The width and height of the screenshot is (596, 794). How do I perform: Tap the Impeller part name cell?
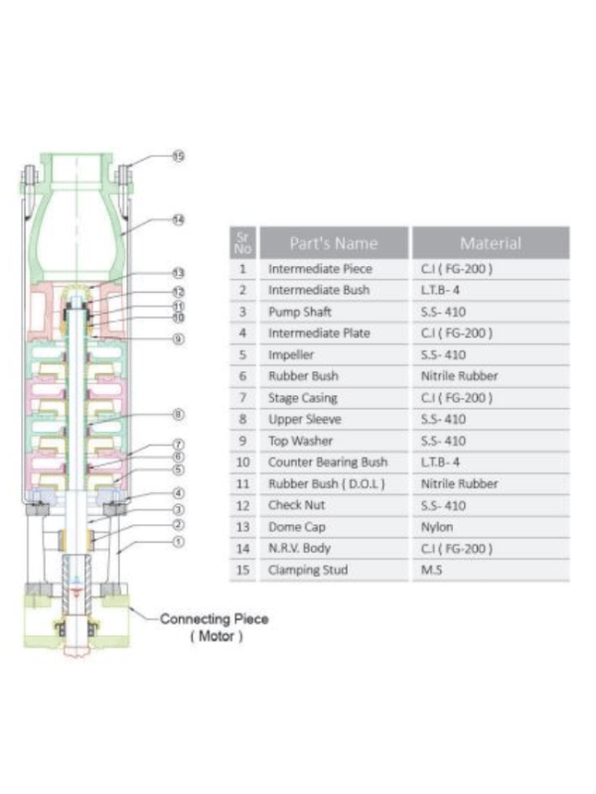click(290, 355)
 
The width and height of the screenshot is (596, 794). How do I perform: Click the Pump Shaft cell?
click(299, 312)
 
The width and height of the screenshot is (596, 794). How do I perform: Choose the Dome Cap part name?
click(296, 527)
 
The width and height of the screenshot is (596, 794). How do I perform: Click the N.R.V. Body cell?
click(301, 549)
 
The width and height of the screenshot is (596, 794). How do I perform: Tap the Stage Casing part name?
click(302, 398)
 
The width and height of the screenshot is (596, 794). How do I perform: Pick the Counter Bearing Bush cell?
click(327, 463)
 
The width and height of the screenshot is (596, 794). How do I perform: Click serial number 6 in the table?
click(242, 376)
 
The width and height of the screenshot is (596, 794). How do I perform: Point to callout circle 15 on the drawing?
click(179, 157)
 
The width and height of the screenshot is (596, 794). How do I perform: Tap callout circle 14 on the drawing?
click(179, 218)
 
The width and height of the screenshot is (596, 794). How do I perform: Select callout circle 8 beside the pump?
click(179, 414)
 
